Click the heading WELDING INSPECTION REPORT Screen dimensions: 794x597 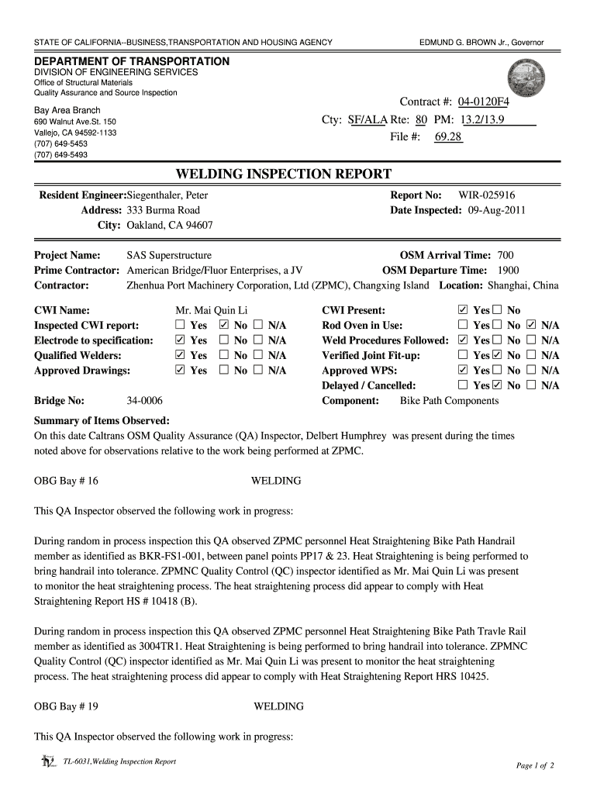[x=283, y=174]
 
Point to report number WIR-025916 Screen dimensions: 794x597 [x=486, y=196]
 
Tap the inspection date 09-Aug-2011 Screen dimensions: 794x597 [x=496, y=210]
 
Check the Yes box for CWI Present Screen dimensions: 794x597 [x=464, y=310]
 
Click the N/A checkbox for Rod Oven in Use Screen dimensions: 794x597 [x=531, y=326]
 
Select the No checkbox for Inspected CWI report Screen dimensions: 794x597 [x=224, y=326]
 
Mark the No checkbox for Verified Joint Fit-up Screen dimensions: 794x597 [x=497, y=356]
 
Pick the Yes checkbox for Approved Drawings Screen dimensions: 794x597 [x=180, y=371]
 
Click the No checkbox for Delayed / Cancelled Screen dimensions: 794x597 [x=497, y=385]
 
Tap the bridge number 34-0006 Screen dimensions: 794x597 [x=144, y=401]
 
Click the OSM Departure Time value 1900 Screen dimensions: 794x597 [x=509, y=270]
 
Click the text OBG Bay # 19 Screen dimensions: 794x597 [x=67, y=706]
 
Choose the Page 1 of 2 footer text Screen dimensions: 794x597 [x=535, y=766]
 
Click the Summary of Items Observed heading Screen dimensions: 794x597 [x=102, y=420]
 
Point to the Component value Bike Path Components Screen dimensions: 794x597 [x=449, y=401]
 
